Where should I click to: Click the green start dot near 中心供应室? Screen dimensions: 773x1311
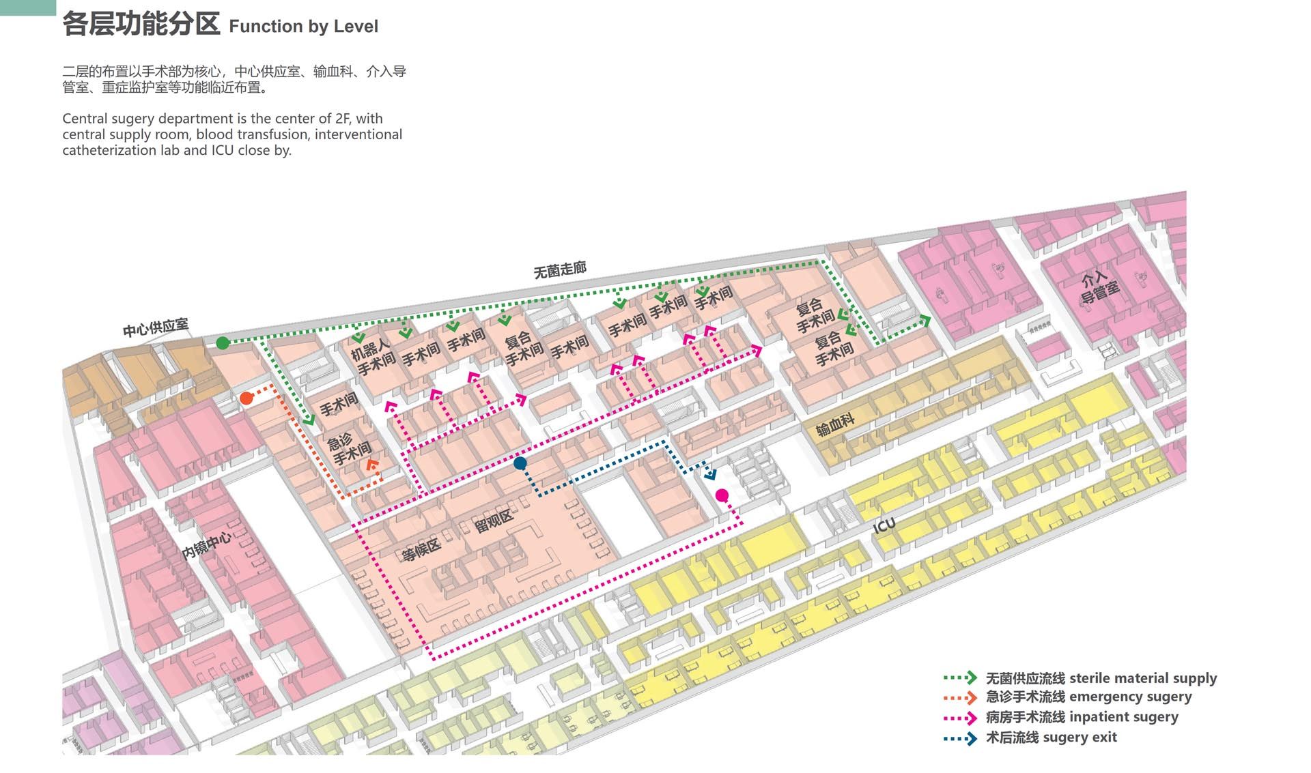223,343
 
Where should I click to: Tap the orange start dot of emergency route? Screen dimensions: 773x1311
246,398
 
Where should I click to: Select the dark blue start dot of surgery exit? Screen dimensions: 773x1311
520,464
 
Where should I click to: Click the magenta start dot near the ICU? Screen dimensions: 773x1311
722,495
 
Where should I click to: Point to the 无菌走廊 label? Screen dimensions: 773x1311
560,270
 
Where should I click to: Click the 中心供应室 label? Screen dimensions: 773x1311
156,328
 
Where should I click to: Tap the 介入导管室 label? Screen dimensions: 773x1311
1099,287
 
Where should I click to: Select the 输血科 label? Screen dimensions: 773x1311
835,425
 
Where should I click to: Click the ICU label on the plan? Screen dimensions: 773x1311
884,525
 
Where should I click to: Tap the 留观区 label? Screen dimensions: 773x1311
494,522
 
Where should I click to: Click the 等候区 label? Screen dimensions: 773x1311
421,549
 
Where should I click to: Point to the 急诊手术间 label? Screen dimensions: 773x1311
349,448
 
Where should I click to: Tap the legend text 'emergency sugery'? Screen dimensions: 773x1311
1130,697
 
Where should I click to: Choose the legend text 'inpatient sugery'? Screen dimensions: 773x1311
1123,717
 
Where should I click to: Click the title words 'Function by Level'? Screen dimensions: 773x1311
303,27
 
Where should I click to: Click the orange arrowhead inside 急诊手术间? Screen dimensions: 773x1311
371,465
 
